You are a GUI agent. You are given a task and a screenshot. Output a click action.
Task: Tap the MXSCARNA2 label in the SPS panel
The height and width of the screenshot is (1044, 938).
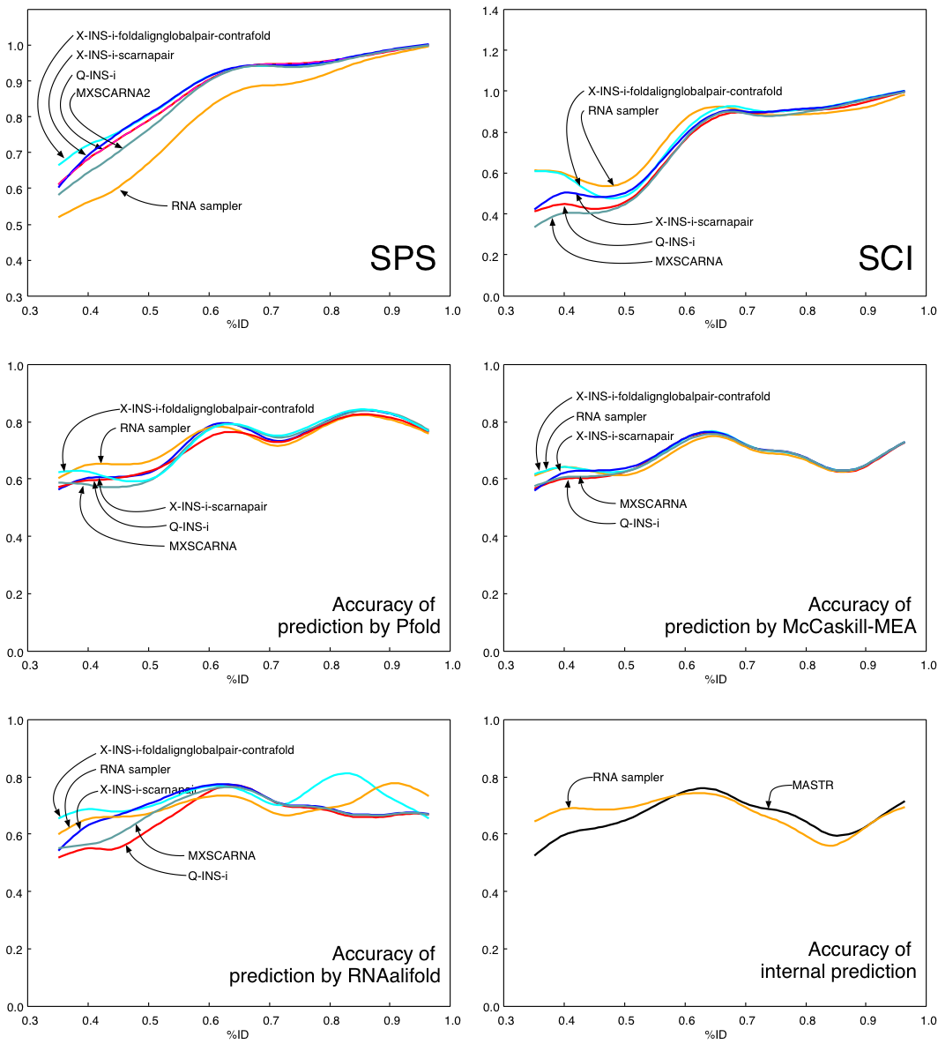(x=113, y=93)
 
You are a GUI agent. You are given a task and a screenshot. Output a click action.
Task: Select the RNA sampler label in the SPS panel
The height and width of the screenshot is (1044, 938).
(x=206, y=205)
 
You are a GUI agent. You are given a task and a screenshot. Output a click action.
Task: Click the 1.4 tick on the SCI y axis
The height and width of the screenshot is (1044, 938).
(x=489, y=11)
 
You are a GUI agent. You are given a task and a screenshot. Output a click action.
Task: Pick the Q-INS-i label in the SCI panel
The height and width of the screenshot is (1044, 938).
(x=675, y=242)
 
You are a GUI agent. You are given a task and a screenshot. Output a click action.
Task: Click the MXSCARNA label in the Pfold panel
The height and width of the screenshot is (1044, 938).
(x=203, y=546)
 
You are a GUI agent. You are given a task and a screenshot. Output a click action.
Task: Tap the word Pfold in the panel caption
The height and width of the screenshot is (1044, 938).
(x=412, y=628)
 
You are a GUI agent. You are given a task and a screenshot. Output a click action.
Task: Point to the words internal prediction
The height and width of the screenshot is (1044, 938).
(x=838, y=972)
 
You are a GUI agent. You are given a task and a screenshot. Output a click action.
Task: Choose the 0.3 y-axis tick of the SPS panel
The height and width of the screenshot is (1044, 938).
(x=17, y=297)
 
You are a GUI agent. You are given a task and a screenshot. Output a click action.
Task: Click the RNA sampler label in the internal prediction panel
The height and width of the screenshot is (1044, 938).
(x=628, y=777)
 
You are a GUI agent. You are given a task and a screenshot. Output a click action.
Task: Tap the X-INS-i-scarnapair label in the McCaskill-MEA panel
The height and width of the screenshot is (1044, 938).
(x=625, y=436)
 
